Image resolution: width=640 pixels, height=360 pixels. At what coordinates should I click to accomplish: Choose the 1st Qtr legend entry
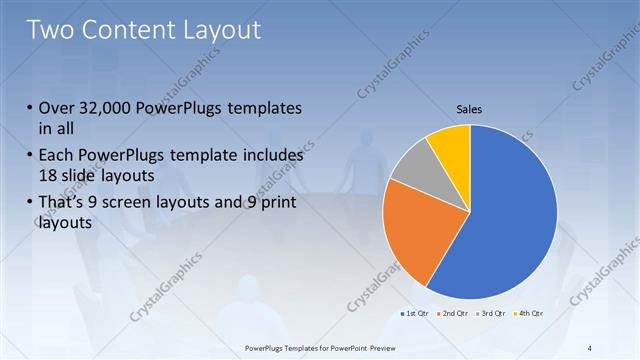pos(417,314)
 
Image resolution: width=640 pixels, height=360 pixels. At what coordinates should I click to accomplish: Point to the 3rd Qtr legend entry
pos(490,314)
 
